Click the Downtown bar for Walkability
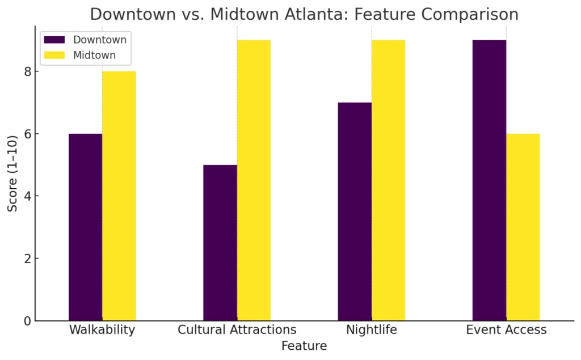[x=85, y=227]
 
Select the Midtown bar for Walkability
[x=119, y=196]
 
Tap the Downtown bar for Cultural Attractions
[x=220, y=243]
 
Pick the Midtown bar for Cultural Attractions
[x=254, y=180]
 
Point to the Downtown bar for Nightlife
[x=355, y=211]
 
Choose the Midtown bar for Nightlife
[x=389, y=180]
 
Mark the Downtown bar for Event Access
[x=489, y=180]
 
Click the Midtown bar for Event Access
[x=523, y=227]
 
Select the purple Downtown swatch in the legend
[x=55, y=40]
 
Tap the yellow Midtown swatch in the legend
[x=55, y=55]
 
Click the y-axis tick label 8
[x=27, y=72]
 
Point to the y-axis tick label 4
[x=27, y=197]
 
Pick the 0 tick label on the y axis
[x=27, y=321]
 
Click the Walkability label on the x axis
[x=102, y=330]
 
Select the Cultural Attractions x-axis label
[x=237, y=330]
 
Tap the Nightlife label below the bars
[x=372, y=330]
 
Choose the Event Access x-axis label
[x=506, y=330]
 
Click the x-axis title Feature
[x=304, y=346]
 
